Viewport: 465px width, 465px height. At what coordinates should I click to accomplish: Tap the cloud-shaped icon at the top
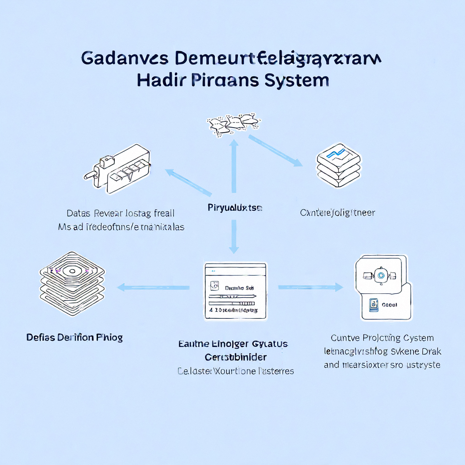point(234,123)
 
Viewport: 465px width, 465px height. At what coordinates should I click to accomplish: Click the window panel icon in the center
point(235,291)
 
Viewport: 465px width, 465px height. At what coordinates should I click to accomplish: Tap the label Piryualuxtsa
point(235,208)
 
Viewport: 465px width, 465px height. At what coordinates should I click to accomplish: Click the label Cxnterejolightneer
point(337,213)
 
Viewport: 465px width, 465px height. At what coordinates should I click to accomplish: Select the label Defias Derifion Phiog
point(74,337)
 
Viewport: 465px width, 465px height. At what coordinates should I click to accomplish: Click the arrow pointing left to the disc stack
point(153,287)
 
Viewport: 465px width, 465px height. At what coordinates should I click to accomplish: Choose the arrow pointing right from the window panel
point(311,287)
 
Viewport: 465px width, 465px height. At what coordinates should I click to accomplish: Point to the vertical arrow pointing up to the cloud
point(234,166)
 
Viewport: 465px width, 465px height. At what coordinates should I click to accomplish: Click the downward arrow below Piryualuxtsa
point(234,236)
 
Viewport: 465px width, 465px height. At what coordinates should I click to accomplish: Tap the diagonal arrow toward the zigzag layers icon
point(275,150)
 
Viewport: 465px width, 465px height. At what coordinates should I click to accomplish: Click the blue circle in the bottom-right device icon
point(381,274)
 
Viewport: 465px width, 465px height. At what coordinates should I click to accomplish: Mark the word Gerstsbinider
point(236,357)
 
